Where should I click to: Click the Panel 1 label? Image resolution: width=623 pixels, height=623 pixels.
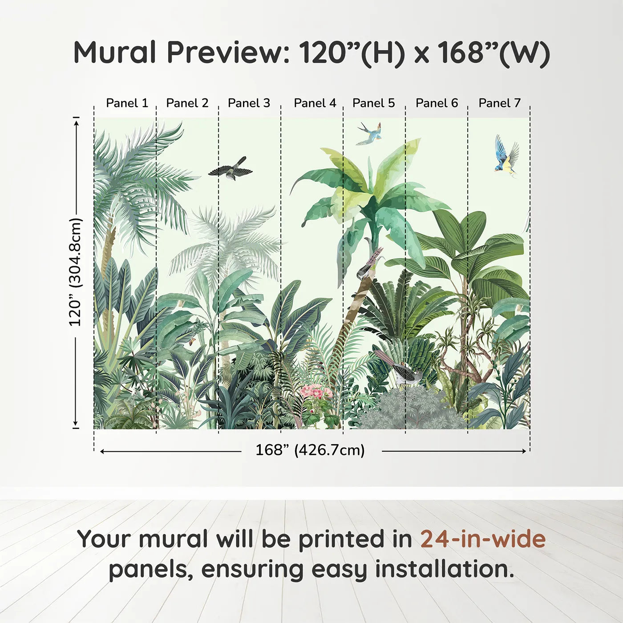(127, 103)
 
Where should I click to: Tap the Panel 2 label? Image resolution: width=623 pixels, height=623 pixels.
(187, 103)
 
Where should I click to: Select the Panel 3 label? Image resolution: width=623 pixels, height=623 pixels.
(249, 103)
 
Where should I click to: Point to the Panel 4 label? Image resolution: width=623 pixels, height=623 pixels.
(315, 103)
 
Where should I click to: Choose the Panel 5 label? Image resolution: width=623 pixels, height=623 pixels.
(373, 103)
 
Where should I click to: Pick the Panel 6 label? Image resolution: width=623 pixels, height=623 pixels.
(437, 103)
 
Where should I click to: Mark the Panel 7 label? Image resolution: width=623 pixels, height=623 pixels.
(499, 103)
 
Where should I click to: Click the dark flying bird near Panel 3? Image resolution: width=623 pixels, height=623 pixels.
(230, 169)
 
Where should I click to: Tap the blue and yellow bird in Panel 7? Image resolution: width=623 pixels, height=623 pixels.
(506, 156)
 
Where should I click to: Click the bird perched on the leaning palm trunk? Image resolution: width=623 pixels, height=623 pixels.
(368, 266)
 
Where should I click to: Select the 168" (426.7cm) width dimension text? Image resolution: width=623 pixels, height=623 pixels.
(310, 450)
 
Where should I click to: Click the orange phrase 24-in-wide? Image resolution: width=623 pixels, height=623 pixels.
(483, 539)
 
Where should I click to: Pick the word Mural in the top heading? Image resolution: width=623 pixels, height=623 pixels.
(115, 53)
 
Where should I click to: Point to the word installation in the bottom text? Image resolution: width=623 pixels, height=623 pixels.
(444, 569)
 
